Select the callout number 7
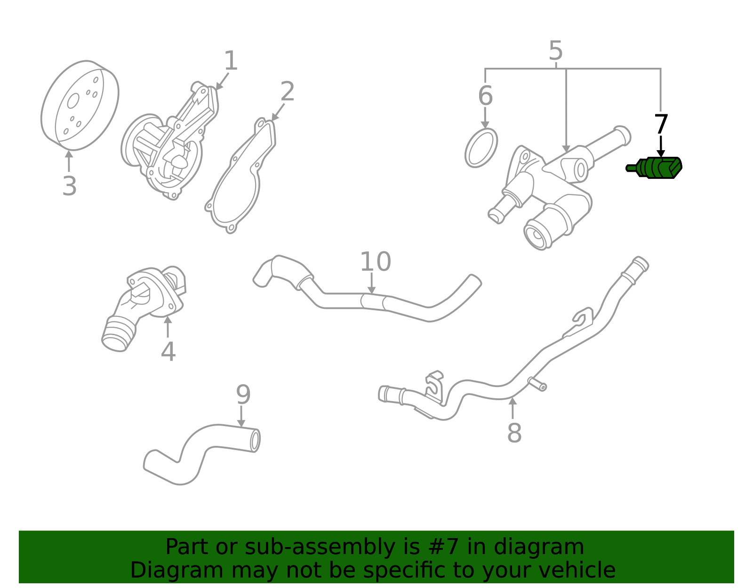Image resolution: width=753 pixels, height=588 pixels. pos(661,125)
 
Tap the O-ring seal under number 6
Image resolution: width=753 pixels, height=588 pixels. pos(481,148)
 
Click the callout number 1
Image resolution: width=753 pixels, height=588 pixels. pos(231,61)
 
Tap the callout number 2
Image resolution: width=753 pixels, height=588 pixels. pos(287,91)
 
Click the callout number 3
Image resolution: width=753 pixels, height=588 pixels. pos(69,186)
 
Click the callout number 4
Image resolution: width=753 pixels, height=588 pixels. pos(168,352)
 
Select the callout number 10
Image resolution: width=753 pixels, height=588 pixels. pos(375,262)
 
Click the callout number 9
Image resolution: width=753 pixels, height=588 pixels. pos(243,395)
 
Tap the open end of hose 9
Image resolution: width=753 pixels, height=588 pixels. pos(255,441)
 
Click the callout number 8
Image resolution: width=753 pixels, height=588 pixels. pos(514,433)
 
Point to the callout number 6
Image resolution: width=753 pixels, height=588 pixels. pos(485,96)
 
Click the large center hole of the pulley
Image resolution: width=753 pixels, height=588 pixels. pos(73,101)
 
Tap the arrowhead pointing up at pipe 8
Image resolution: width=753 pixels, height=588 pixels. pos(513,402)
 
